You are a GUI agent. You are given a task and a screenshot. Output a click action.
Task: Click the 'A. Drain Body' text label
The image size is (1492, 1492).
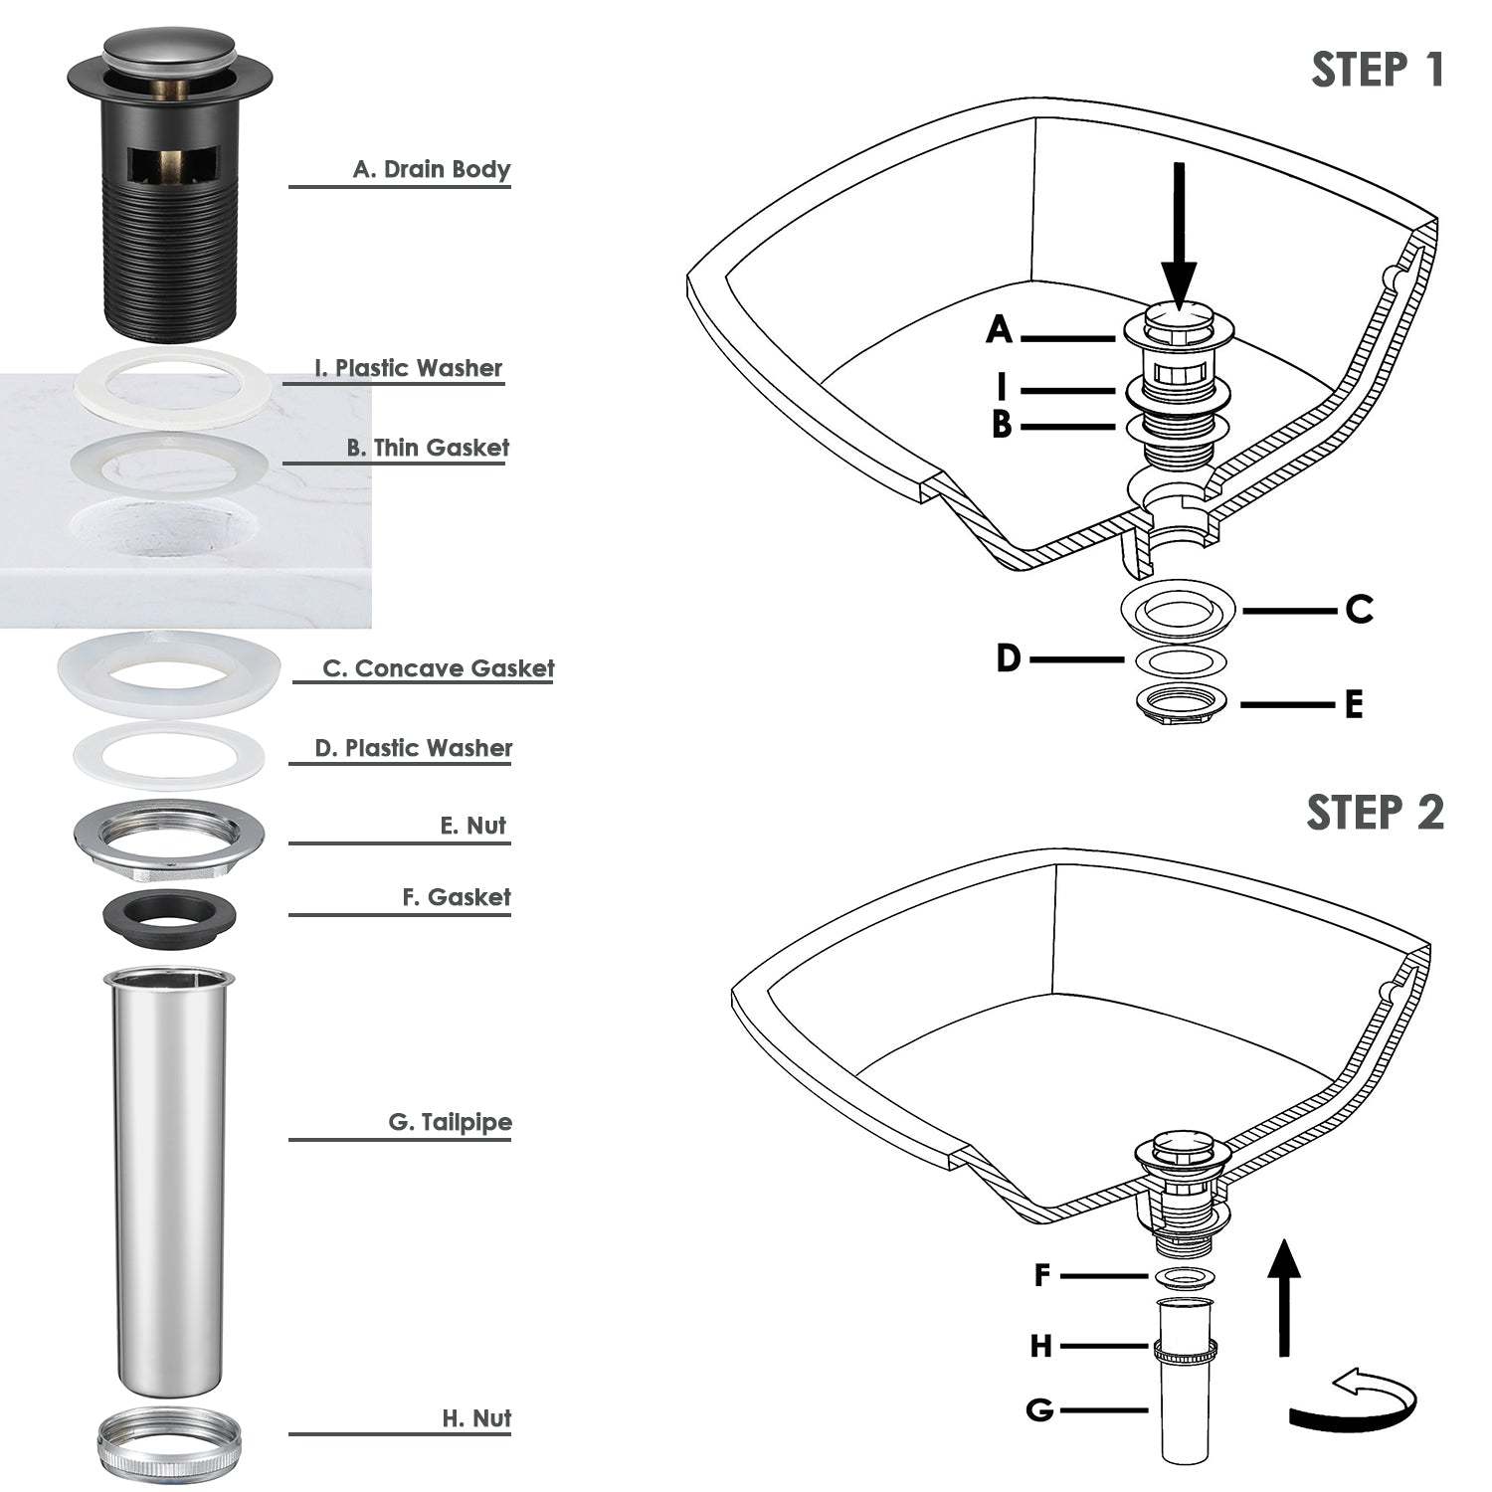tap(432, 169)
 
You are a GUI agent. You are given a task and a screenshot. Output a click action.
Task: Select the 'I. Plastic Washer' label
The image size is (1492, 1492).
tap(409, 368)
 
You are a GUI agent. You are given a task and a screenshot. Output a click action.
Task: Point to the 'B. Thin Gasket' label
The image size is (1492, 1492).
tap(428, 448)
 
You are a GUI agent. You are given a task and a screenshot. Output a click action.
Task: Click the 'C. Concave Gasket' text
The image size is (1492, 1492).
tap(439, 668)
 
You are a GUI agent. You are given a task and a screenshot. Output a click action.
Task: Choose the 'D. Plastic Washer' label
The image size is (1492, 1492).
tap(414, 748)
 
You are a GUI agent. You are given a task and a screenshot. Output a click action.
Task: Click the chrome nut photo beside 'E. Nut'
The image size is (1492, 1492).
tap(169, 836)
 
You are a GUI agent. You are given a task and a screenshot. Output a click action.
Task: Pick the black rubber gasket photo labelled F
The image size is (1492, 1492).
tap(168, 913)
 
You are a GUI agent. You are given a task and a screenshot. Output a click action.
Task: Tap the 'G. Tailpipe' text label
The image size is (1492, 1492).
tap(451, 1122)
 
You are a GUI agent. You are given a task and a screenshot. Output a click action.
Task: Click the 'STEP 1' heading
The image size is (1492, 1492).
tap(1378, 70)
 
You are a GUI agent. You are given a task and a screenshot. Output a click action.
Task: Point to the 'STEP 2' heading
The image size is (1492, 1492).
tap(1375, 813)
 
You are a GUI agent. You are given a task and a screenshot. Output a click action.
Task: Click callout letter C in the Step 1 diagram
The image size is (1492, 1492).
tap(1360, 609)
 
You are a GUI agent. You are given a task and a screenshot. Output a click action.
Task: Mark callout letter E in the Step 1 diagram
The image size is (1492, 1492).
tap(1354, 705)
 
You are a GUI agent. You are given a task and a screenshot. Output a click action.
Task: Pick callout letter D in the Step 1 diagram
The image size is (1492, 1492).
tap(1009, 657)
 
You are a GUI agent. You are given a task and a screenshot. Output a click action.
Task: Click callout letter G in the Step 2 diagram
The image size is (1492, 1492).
tap(1039, 1410)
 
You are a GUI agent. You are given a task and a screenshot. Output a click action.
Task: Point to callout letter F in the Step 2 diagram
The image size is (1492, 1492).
tap(1042, 1275)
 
